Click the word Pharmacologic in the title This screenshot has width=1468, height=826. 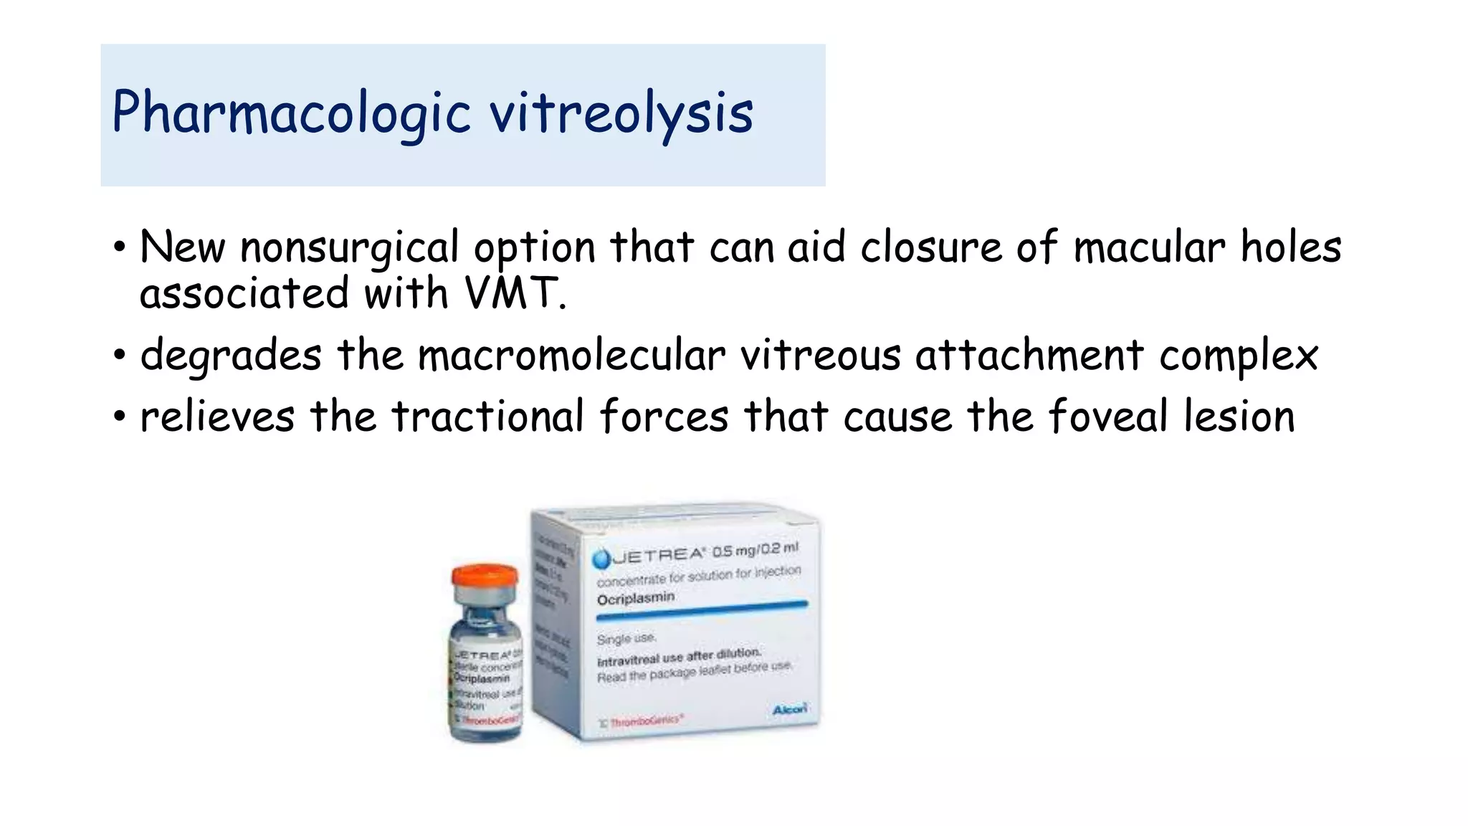click(x=290, y=113)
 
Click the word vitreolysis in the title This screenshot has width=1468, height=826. click(x=621, y=113)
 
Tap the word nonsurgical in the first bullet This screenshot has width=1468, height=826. click(x=349, y=248)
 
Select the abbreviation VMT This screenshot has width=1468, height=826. click(x=513, y=294)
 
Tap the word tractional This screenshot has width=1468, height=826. click(x=487, y=417)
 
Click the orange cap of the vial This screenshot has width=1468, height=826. click(x=485, y=574)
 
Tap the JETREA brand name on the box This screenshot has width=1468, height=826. click(x=658, y=556)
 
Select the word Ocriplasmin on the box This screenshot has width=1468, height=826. click(x=635, y=598)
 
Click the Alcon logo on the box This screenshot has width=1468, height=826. click(x=789, y=709)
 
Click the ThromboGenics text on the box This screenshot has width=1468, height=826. click(x=645, y=721)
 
